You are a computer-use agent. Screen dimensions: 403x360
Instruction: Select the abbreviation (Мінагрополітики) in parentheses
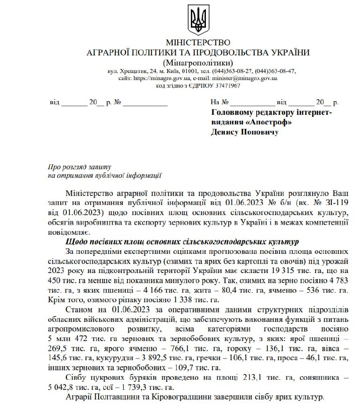(198, 62)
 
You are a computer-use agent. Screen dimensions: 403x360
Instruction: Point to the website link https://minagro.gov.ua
(162, 79)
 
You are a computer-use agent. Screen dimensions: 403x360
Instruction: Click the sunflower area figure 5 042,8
(63, 387)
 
